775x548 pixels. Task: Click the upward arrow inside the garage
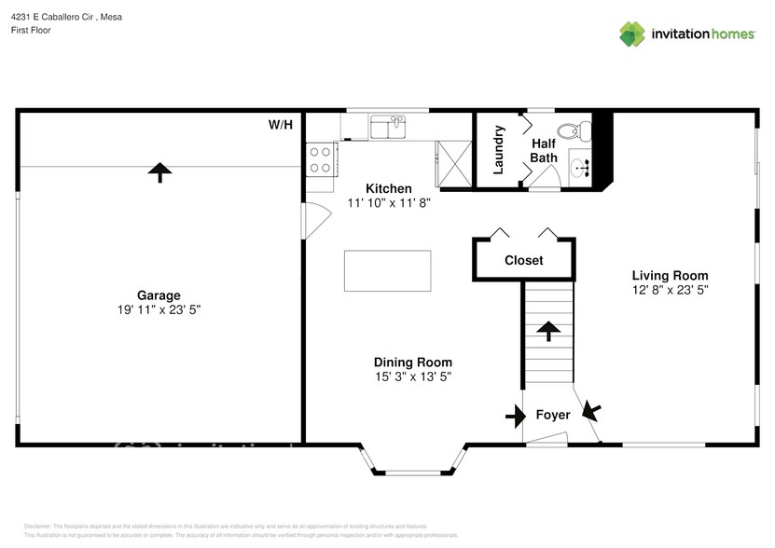pyautogui.click(x=160, y=171)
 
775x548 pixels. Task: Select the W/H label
pyautogui.click(x=280, y=124)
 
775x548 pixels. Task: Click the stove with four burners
pyautogui.click(x=321, y=159)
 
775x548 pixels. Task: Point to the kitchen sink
pyautogui.click(x=387, y=126)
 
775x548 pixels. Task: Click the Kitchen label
pyautogui.click(x=388, y=188)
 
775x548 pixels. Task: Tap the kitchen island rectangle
pyautogui.click(x=388, y=271)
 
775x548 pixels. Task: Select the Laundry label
pyautogui.click(x=499, y=149)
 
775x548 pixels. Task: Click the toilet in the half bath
pyautogui.click(x=568, y=130)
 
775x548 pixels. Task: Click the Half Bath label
pyautogui.click(x=544, y=151)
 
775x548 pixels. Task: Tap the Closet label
pyautogui.click(x=523, y=261)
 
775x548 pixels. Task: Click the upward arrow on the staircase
pyautogui.click(x=548, y=331)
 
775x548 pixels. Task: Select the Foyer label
pyautogui.click(x=552, y=415)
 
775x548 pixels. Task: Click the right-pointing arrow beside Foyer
pyautogui.click(x=516, y=416)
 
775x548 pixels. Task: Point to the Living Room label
pyautogui.click(x=670, y=276)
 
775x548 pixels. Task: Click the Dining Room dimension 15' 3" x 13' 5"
pyautogui.click(x=412, y=377)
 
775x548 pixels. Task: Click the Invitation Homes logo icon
pyautogui.click(x=633, y=34)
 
